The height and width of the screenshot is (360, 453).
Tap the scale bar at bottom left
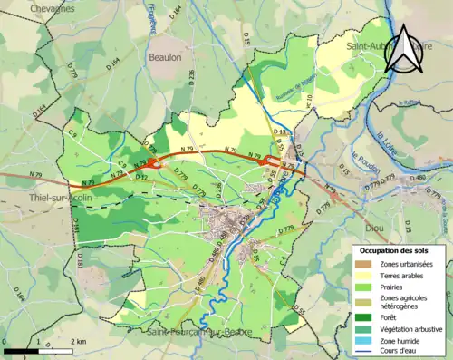37,350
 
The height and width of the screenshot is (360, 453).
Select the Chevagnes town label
53,8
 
